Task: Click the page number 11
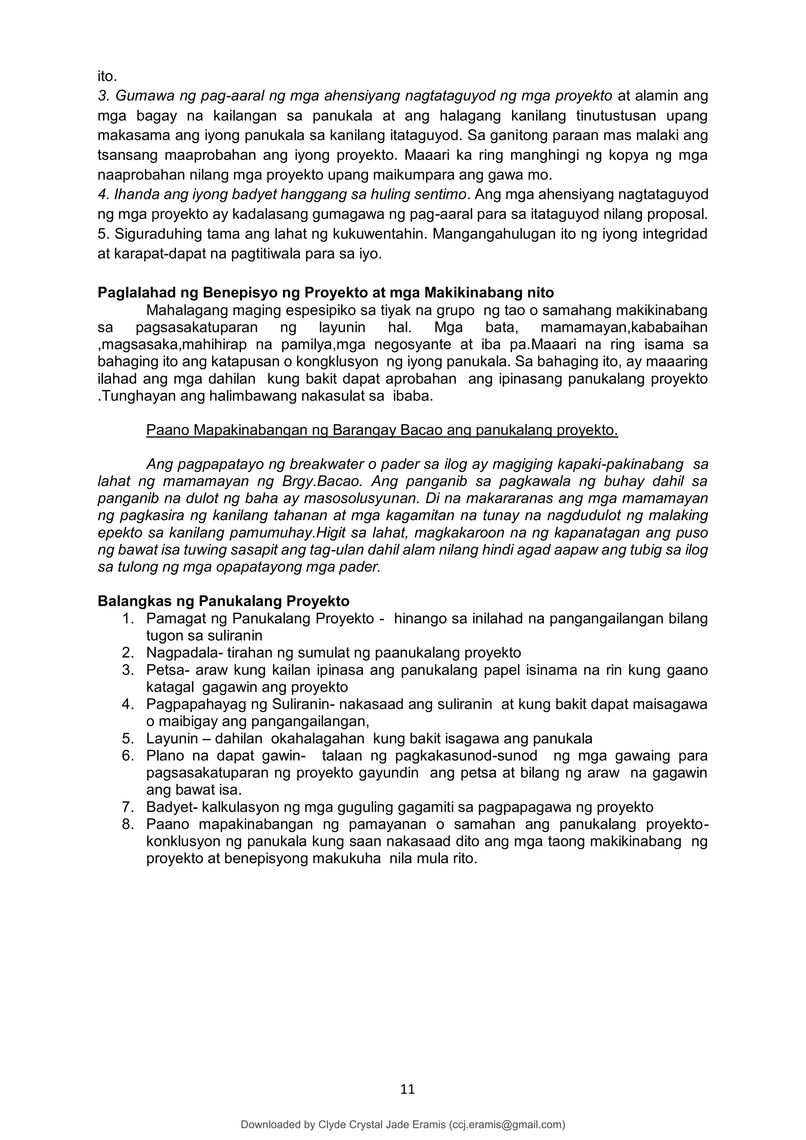pos(407,1089)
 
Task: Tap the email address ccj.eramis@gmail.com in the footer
pos(507,1125)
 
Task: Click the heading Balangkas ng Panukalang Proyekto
pos(223,601)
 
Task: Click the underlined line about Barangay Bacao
pos(382,430)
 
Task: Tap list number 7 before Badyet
pos(128,807)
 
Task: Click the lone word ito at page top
pos(107,77)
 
